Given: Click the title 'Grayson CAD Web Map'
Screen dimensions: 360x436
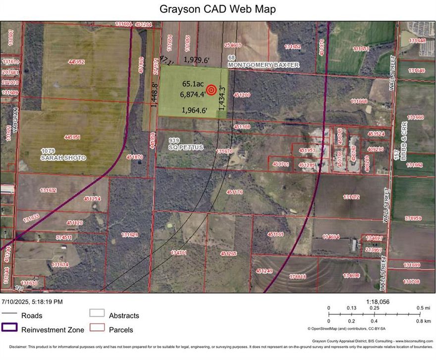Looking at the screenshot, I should point(218,9).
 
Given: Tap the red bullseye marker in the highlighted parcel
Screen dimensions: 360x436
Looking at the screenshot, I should point(212,90).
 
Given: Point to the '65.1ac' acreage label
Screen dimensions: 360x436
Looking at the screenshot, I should point(192,84).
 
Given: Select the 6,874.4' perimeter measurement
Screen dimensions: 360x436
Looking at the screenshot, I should point(193,94).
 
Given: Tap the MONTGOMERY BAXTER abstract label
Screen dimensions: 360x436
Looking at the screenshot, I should point(264,65).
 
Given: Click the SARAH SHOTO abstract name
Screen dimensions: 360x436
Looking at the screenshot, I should point(63,157).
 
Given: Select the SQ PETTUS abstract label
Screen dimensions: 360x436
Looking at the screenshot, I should point(186,148).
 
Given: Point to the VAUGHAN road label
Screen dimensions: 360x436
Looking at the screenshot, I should point(15,119).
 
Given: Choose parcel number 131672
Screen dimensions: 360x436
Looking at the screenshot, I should point(351,197).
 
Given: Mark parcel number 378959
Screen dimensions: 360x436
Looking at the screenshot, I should point(413,218).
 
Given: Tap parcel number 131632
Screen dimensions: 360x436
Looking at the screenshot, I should point(49,190).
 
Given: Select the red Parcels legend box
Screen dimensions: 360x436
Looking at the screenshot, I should point(97,328).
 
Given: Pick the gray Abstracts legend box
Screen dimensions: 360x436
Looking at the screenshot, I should point(97,313).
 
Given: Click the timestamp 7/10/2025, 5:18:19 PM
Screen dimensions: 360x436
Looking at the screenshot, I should point(32,301).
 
